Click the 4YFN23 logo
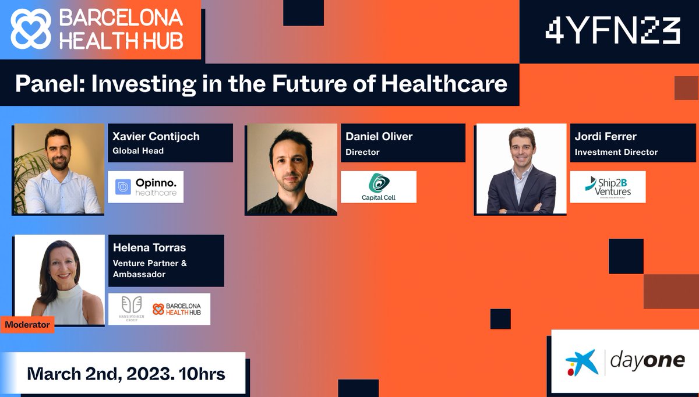click(613, 30)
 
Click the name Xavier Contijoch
click(156, 137)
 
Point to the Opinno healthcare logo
click(146, 187)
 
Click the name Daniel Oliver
click(379, 137)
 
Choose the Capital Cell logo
click(379, 187)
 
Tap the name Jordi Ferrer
click(606, 137)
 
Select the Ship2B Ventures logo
click(608, 187)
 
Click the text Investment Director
click(616, 152)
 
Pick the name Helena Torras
click(150, 248)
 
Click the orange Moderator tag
click(27, 324)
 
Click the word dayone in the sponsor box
click(647, 361)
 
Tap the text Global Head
click(138, 151)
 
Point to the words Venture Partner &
click(150, 263)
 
